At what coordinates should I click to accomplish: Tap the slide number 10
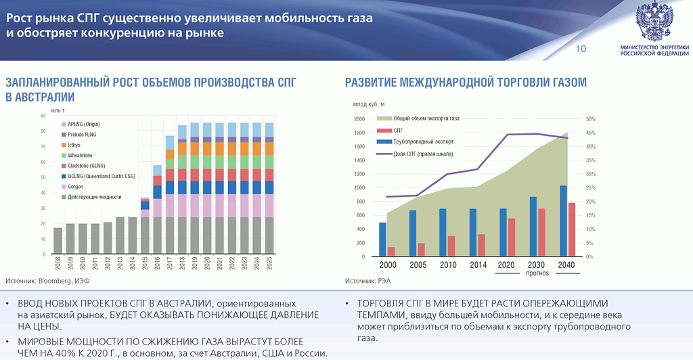tap(581, 49)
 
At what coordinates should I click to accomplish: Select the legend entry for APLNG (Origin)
tap(83, 124)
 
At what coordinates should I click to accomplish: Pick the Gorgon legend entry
tap(77, 186)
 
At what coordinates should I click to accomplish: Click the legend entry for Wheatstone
tap(82, 155)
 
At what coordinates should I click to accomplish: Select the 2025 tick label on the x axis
tap(269, 265)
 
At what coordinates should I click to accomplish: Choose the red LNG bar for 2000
tap(391, 252)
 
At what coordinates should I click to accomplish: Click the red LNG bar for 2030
tap(541, 232)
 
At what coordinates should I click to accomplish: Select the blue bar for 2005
tap(413, 233)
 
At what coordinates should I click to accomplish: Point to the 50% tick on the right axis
tap(590, 119)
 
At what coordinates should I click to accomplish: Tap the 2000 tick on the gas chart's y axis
tap(359, 119)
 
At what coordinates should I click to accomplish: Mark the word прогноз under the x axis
tap(536, 273)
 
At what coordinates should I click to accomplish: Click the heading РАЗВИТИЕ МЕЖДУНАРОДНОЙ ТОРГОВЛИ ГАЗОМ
tap(466, 83)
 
